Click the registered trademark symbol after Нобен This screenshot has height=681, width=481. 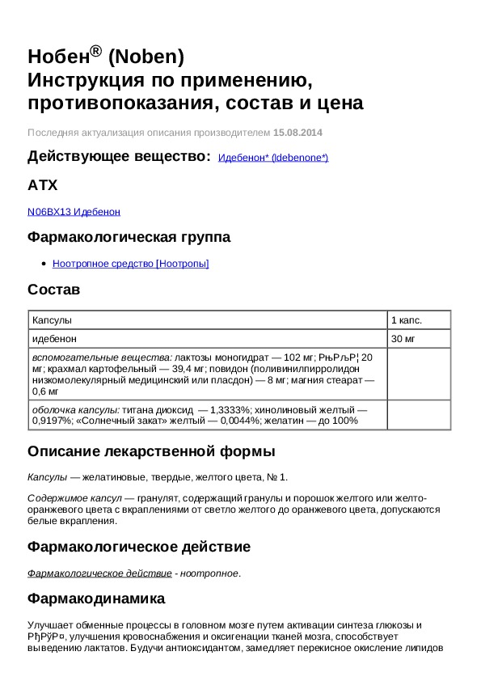click(x=95, y=51)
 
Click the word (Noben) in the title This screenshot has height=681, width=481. click(x=146, y=57)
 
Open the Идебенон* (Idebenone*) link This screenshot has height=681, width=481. click(x=273, y=158)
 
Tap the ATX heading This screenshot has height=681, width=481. click(x=43, y=185)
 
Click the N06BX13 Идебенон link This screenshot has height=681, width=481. click(x=74, y=211)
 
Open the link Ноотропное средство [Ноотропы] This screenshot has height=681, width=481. click(x=130, y=263)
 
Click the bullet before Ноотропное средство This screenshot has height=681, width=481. click(x=43, y=264)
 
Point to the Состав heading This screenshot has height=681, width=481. click(x=54, y=290)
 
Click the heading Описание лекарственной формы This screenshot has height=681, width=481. click(x=151, y=450)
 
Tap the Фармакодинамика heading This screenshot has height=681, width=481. click(x=96, y=599)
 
